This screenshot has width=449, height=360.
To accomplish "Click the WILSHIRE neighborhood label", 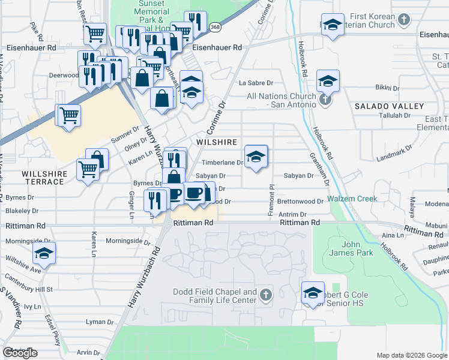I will point(217,142).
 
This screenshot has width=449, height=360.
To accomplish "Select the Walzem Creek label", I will point(352,199).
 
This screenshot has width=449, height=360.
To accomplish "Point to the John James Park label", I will point(357,248).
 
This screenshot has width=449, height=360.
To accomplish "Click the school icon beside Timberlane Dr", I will point(256,157).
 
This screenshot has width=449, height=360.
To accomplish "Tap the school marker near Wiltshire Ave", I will point(44,254).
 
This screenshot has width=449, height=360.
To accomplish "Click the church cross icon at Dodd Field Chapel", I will point(266,295).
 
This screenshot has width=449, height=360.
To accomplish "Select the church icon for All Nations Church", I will point(325,100).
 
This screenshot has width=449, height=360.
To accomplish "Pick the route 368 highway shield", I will point(215,27).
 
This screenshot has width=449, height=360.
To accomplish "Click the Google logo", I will point(20,353).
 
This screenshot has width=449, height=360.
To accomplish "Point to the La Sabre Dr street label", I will point(256,83).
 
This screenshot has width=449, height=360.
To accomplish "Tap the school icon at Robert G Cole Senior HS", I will point(313,293).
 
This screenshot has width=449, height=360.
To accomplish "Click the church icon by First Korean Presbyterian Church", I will point(404,19).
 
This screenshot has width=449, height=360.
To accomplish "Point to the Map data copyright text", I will point(412,355).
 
